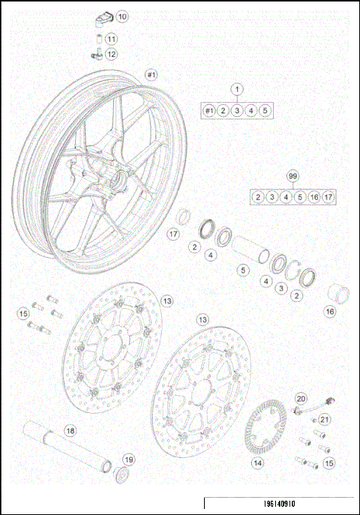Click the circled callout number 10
click(121, 16)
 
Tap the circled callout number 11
click(111, 39)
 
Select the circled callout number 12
click(111, 54)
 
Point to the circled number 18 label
click(70, 431)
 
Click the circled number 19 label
click(128, 460)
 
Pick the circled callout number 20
click(301, 399)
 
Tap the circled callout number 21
click(325, 419)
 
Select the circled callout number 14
click(257, 463)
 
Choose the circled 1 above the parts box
click(237, 89)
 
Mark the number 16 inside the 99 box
click(313, 197)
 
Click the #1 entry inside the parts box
click(209, 111)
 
